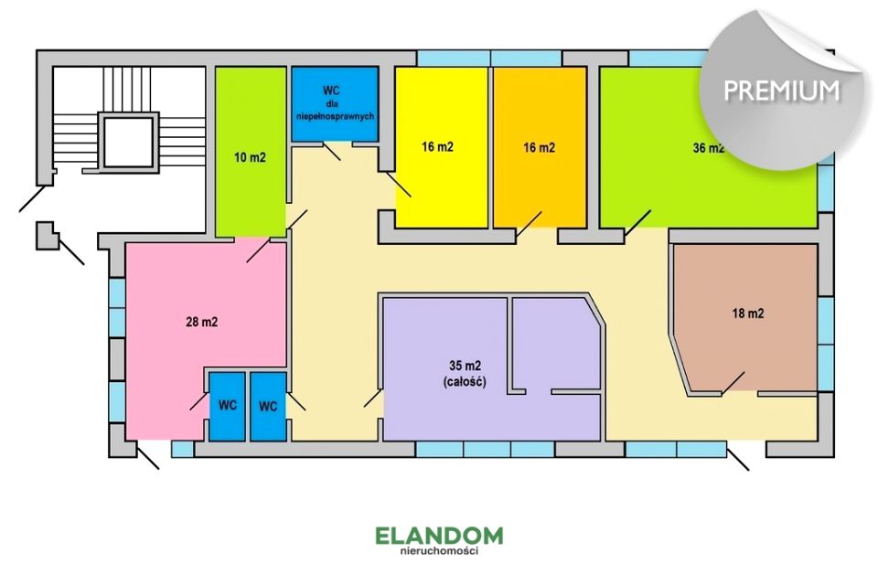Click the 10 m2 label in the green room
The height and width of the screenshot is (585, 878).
250,157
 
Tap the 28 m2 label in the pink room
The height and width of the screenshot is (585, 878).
201,322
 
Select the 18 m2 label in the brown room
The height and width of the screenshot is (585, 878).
748,314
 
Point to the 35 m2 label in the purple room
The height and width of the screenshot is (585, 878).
465,367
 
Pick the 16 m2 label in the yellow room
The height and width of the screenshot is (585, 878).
437,147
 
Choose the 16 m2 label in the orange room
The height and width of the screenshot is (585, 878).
539,148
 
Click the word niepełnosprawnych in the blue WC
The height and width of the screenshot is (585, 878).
335,116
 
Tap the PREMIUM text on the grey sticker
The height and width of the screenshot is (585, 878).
782,90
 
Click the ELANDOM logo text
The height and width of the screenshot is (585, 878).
439,535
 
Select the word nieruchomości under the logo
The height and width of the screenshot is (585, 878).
439,551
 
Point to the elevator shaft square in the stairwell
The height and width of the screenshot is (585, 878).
129,142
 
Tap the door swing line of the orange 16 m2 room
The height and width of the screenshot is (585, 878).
530,224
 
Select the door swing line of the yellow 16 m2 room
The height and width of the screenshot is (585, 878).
398,184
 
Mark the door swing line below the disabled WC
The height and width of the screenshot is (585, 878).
331,151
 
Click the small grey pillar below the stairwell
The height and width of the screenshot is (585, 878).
46,235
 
